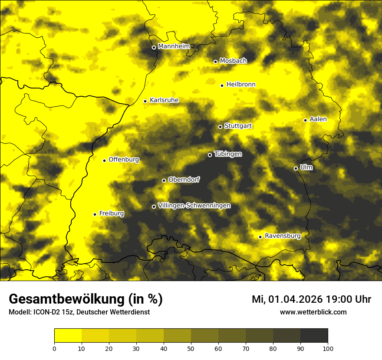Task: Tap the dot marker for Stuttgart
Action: [220, 127]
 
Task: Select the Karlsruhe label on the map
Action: [164, 100]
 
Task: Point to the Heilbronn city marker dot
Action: [222, 85]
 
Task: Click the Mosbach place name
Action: [233, 61]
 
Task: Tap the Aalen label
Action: [318, 119]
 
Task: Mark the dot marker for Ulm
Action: [296, 168]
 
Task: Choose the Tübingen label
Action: [228, 154]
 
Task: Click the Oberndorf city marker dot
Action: [164, 180]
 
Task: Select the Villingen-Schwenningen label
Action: [194, 206]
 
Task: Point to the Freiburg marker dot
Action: [95, 214]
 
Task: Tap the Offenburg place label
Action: [124, 160]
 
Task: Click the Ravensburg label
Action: [283, 236]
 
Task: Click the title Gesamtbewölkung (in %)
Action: [86, 299]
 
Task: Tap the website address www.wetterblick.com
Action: [313, 312]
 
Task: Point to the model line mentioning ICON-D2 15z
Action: [79, 312]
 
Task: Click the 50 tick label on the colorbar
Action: [191, 348]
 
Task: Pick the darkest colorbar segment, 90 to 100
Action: [314, 336]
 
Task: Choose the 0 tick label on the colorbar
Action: [54, 348]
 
